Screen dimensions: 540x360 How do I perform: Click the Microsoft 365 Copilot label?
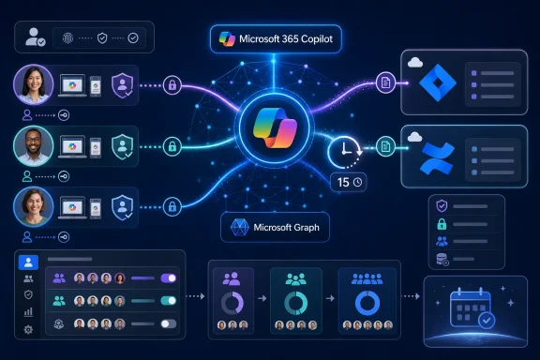click(276, 39)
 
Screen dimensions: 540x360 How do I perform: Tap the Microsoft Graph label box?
click(275, 228)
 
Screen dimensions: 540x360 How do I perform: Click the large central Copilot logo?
click(275, 128)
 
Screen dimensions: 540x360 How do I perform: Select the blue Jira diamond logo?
click(438, 82)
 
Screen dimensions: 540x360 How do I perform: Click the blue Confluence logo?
click(438, 158)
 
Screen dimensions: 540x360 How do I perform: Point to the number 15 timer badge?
click(349, 182)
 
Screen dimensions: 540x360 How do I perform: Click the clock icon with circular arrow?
click(345, 152)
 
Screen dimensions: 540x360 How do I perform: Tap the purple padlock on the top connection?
click(172, 84)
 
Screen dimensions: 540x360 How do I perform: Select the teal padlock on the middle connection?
click(172, 147)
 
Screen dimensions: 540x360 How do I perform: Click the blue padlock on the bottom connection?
click(172, 207)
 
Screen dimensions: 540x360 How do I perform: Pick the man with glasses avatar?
click(34, 146)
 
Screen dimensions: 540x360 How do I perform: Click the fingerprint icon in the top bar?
click(67, 38)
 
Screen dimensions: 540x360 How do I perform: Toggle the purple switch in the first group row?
click(169, 278)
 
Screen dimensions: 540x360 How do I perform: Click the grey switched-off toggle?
click(169, 323)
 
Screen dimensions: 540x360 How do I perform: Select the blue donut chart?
click(367, 303)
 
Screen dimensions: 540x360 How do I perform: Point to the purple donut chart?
click(232, 303)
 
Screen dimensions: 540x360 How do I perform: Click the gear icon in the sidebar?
click(28, 330)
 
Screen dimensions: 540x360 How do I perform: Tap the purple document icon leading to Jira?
click(385, 82)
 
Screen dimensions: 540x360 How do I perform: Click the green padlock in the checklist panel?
click(442, 224)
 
